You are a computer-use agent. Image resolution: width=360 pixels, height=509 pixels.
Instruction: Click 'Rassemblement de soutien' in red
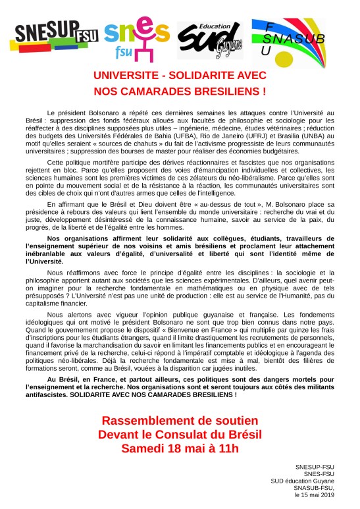[x=180, y=420]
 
